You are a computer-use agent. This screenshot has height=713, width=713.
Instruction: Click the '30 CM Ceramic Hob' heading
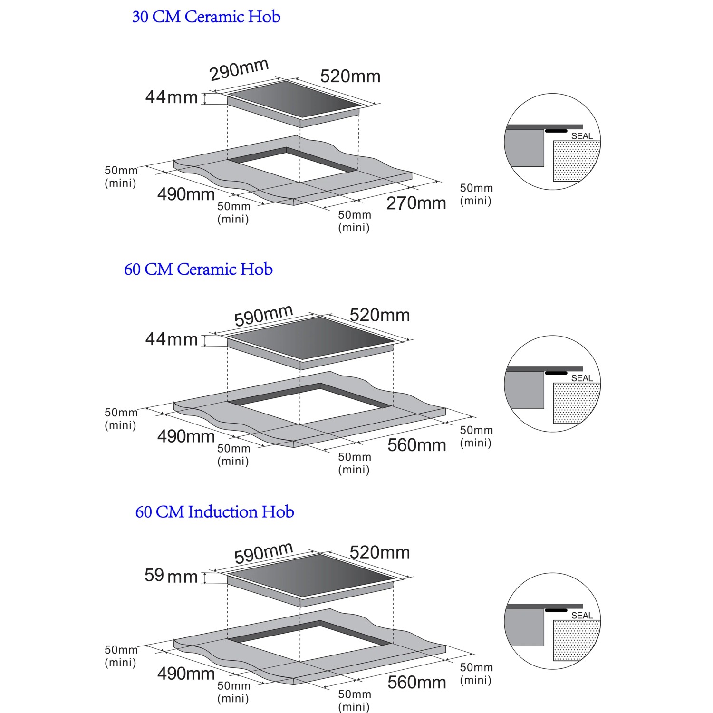tap(206, 17)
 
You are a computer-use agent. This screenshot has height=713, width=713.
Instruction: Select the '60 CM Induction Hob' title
tap(215, 512)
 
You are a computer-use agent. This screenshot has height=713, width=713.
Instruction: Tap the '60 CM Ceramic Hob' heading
tap(198, 270)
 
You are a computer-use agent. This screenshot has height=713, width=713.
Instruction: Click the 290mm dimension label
tap(240, 69)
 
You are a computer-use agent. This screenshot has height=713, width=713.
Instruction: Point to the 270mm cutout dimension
tap(416, 203)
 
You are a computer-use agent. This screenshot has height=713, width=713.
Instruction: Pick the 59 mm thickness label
tap(171, 576)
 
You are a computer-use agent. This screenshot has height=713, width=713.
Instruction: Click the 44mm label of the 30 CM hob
tap(171, 97)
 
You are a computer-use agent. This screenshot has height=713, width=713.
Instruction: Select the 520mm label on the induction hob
tap(380, 552)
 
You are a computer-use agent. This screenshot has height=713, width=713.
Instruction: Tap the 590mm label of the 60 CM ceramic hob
tap(264, 316)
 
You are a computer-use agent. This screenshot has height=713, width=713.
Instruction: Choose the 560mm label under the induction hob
tap(417, 682)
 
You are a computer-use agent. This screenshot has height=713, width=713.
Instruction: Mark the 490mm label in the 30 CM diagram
tap(186, 194)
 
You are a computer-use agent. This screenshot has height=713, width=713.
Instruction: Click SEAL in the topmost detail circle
tap(582, 136)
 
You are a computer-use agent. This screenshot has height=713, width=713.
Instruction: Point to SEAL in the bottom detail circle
tap(582, 616)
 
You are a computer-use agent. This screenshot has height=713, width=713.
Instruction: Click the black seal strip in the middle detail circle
tap(556, 373)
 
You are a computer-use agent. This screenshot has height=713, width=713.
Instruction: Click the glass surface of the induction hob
tap(311, 574)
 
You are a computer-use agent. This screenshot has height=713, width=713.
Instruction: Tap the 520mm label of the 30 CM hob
tap(350, 77)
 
